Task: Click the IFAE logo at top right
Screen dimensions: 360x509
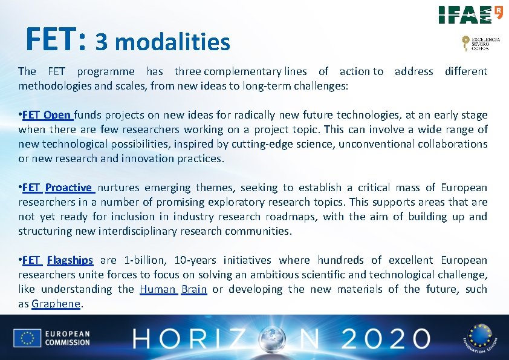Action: tap(470, 15)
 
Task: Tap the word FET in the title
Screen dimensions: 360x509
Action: tap(56, 39)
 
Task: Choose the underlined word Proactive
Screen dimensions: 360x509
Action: tap(69, 188)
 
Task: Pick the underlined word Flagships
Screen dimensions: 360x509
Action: tap(70, 260)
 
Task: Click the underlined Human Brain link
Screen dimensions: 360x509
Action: tap(173, 289)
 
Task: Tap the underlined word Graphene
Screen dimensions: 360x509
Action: tap(56, 304)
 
